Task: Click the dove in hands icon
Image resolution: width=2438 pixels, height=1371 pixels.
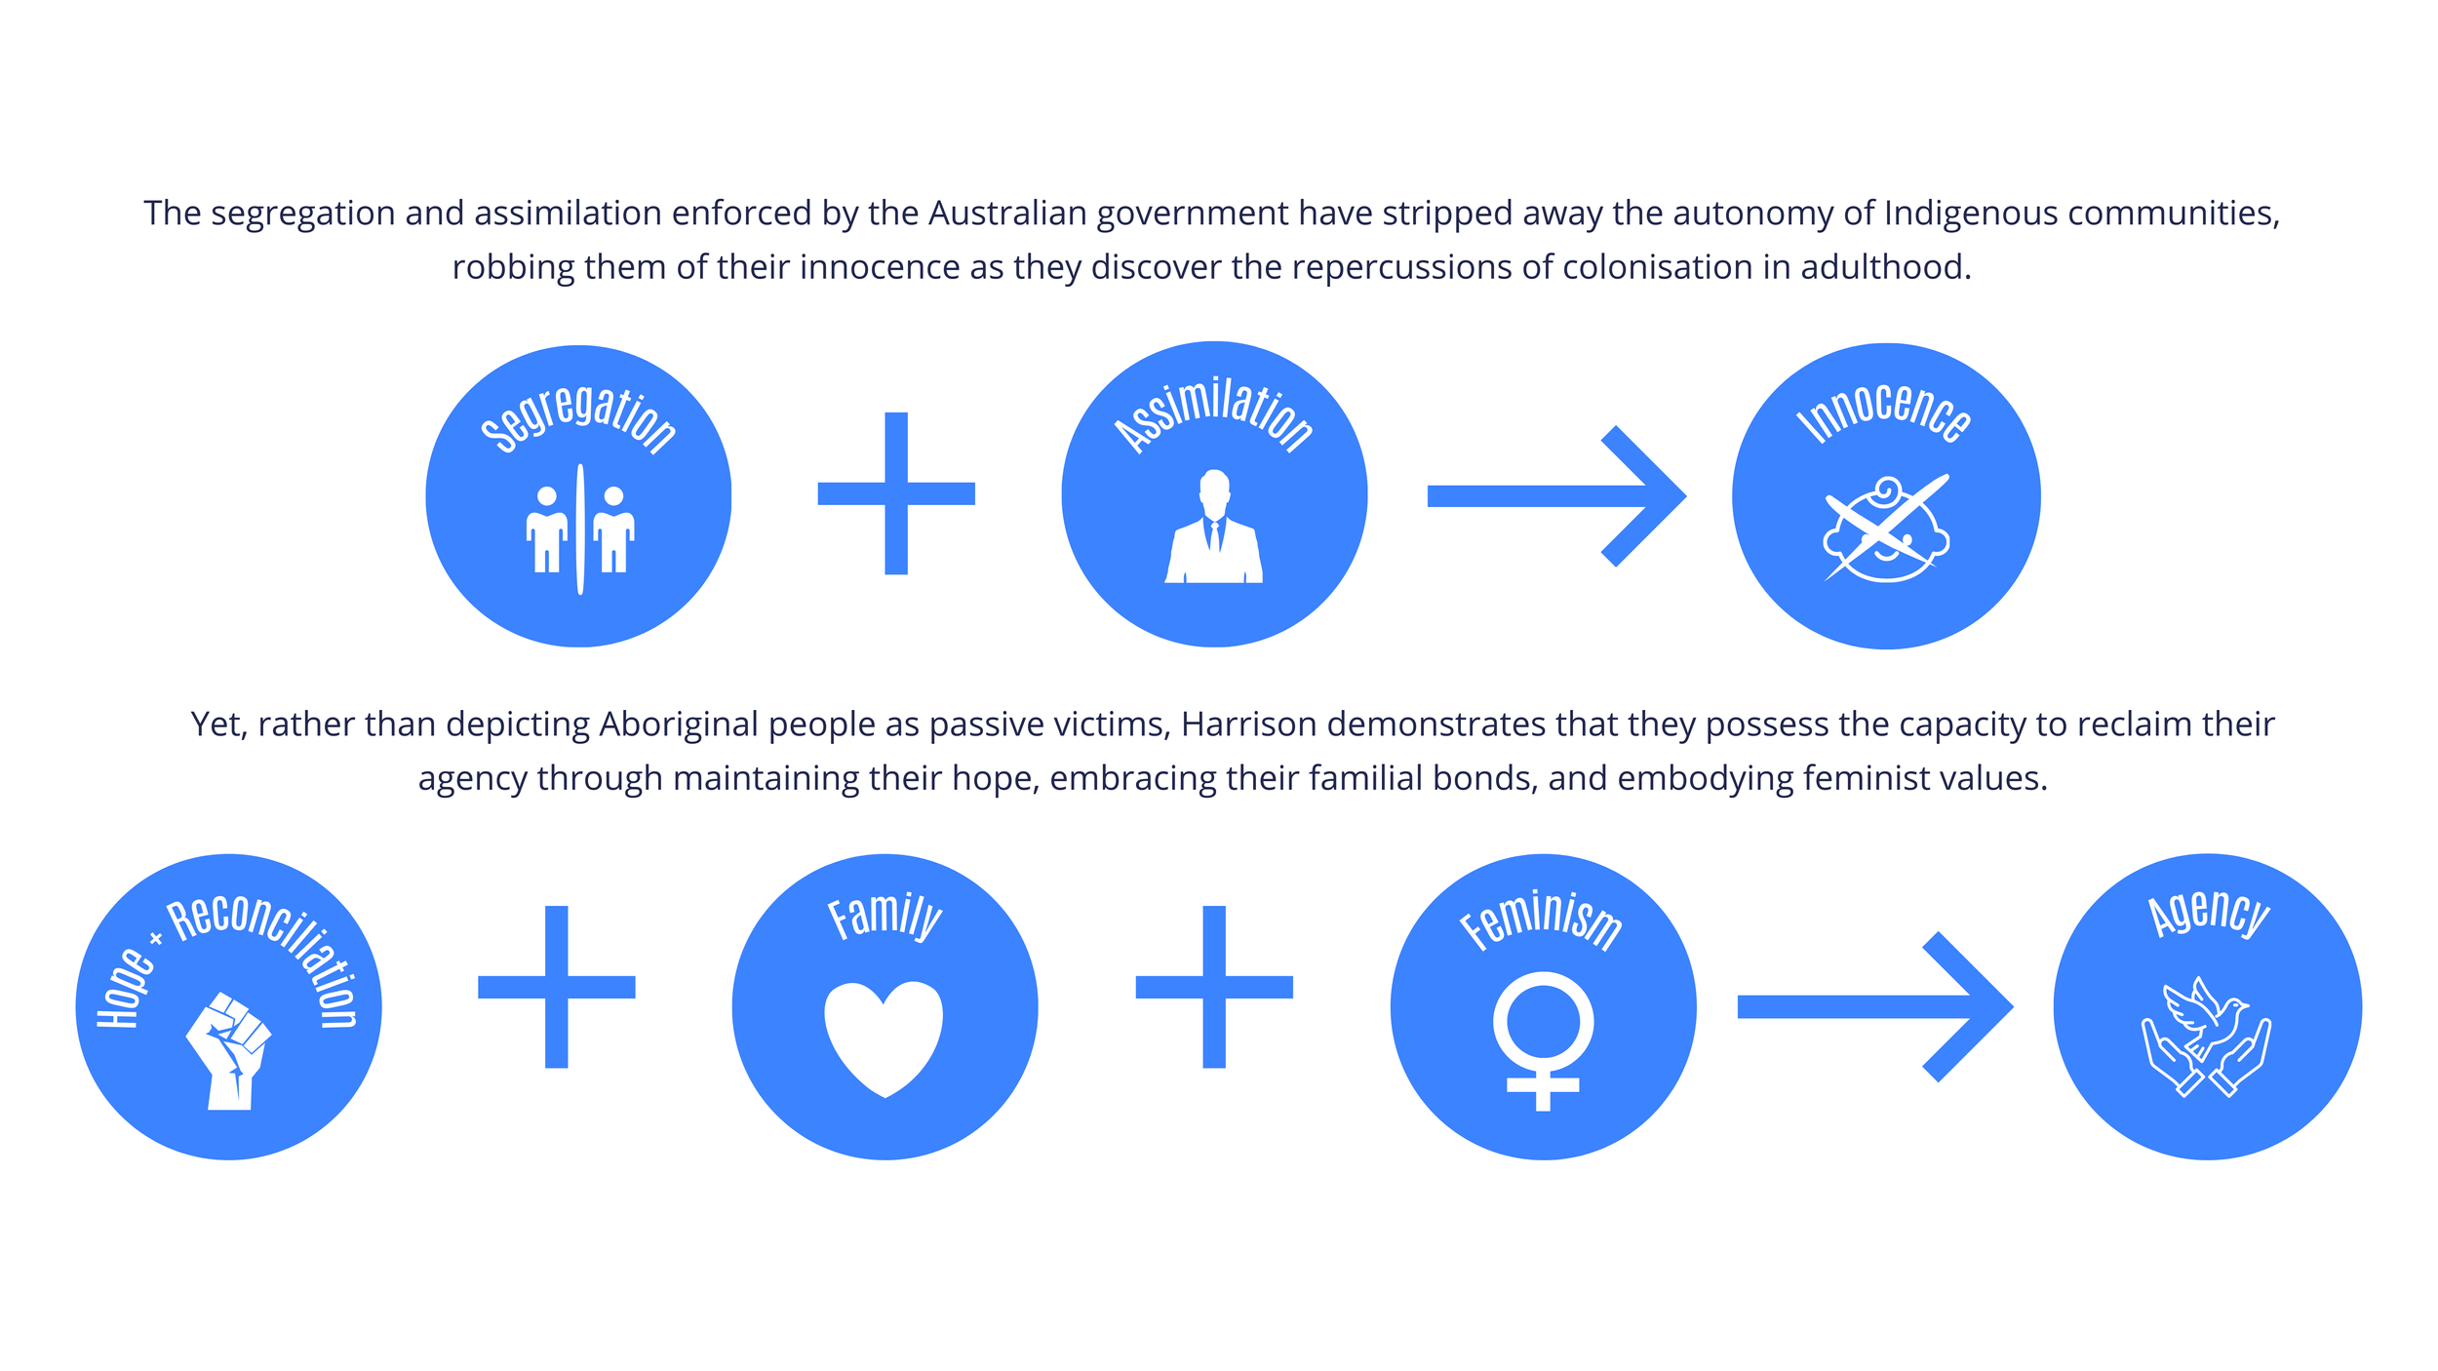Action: click(x=2206, y=1037)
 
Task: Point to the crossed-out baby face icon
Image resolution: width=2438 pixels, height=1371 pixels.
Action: click(x=1886, y=529)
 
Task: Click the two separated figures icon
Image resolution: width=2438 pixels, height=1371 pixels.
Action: click(x=580, y=529)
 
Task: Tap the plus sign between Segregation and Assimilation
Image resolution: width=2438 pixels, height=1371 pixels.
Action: click(x=896, y=493)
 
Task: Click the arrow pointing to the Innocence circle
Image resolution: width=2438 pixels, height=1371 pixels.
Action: click(x=1555, y=495)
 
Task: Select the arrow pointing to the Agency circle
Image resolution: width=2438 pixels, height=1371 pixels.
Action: click(x=1874, y=1006)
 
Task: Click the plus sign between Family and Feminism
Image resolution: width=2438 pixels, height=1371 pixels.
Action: click(x=1214, y=987)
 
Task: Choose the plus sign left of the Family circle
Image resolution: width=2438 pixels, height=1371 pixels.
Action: click(x=556, y=987)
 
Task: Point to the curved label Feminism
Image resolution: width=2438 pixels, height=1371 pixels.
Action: click(x=1541, y=918)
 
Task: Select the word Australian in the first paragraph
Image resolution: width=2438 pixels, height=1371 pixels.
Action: click(x=1007, y=213)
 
